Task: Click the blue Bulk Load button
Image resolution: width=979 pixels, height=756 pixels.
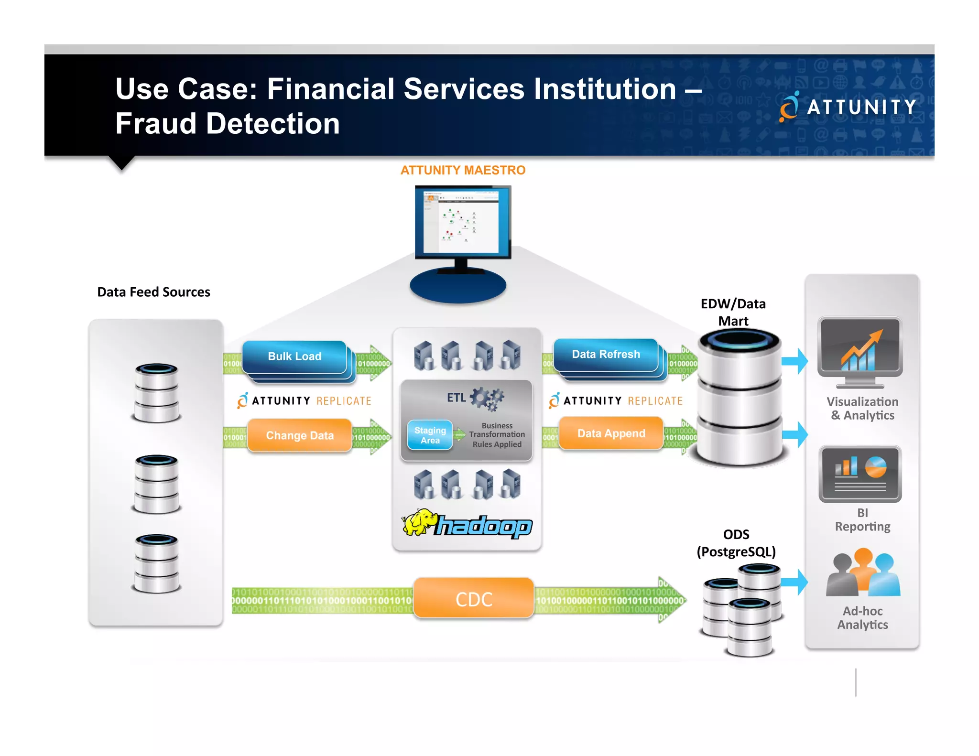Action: [294, 356]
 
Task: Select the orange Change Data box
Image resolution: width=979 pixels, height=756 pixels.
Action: [300, 435]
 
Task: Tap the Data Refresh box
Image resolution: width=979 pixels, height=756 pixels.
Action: [606, 355]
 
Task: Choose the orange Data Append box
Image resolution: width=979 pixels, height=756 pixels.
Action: [611, 433]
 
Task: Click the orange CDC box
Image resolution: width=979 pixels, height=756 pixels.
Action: [473, 599]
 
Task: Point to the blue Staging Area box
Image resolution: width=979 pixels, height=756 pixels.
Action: [430, 435]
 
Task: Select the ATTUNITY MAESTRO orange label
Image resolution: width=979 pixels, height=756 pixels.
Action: [463, 170]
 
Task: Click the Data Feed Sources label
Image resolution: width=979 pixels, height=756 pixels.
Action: [153, 292]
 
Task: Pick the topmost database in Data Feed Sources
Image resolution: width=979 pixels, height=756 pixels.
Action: [157, 393]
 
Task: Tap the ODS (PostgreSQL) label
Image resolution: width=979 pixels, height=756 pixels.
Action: [736, 543]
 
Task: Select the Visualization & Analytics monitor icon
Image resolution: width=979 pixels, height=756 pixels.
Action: [860, 351]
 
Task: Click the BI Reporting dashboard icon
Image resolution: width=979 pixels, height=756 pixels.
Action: [860, 474]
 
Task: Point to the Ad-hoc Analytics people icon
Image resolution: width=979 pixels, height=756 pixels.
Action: [863, 574]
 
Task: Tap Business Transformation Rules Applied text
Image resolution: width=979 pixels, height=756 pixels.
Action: [497, 435]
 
